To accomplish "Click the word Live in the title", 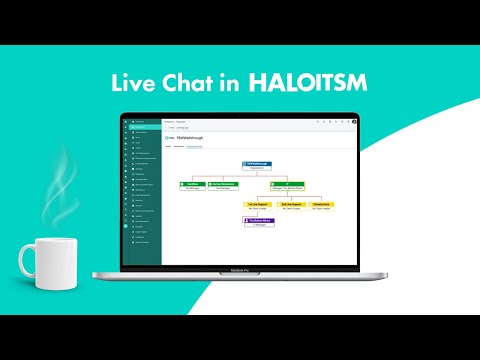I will tap(131, 83).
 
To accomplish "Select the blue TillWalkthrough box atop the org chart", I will tap(256, 165).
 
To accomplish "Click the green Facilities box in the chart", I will tap(192, 185).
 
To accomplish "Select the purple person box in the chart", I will tap(258, 222).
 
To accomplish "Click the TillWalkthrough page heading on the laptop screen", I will tap(190, 137).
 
